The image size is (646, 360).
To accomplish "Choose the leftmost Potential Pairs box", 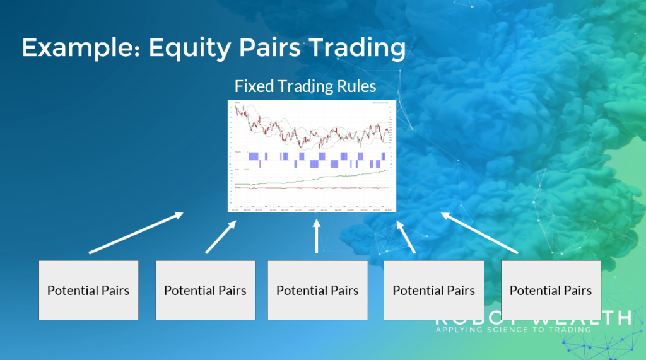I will click(x=88, y=290).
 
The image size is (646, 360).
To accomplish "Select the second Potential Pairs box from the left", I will click(x=205, y=290).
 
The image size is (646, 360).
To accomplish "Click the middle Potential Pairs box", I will click(x=317, y=290).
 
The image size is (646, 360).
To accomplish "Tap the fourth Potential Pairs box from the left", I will click(x=434, y=290).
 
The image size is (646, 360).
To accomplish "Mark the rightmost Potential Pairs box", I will click(x=551, y=290).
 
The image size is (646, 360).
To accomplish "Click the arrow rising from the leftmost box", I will click(x=136, y=233).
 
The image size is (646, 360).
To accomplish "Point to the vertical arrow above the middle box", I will click(x=317, y=236).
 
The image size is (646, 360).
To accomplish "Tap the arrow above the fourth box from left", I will click(x=406, y=237).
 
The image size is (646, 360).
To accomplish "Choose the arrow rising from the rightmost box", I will click(x=479, y=233).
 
